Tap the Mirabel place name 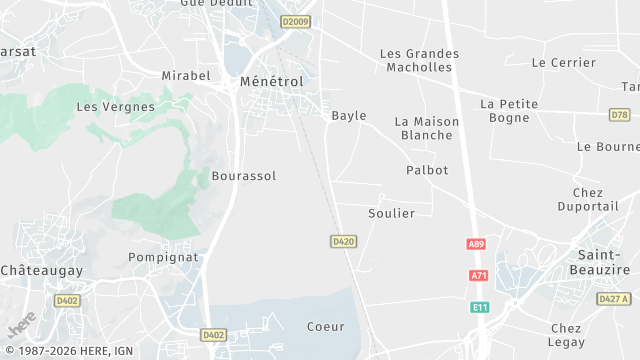click(x=186, y=75)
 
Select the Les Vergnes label click(x=116, y=106)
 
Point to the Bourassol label click(x=244, y=176)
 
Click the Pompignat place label click(x=164, y=257)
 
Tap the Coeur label click(x=326, y=326)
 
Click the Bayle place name click(x=349, y=116)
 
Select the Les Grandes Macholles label click(x=419, y=60)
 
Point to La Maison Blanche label click(x=427, y=128)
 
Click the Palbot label click(x=427, y=170)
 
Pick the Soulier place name click(x=391, y=213)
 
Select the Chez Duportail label click(x=596, y=199)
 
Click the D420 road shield click(x=343, y=241)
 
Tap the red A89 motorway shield click(x=476, y=244)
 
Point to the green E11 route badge click(x=479, y=307)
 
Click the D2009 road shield click(x=295, y=21)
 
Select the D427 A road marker click(x=614, y=299)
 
